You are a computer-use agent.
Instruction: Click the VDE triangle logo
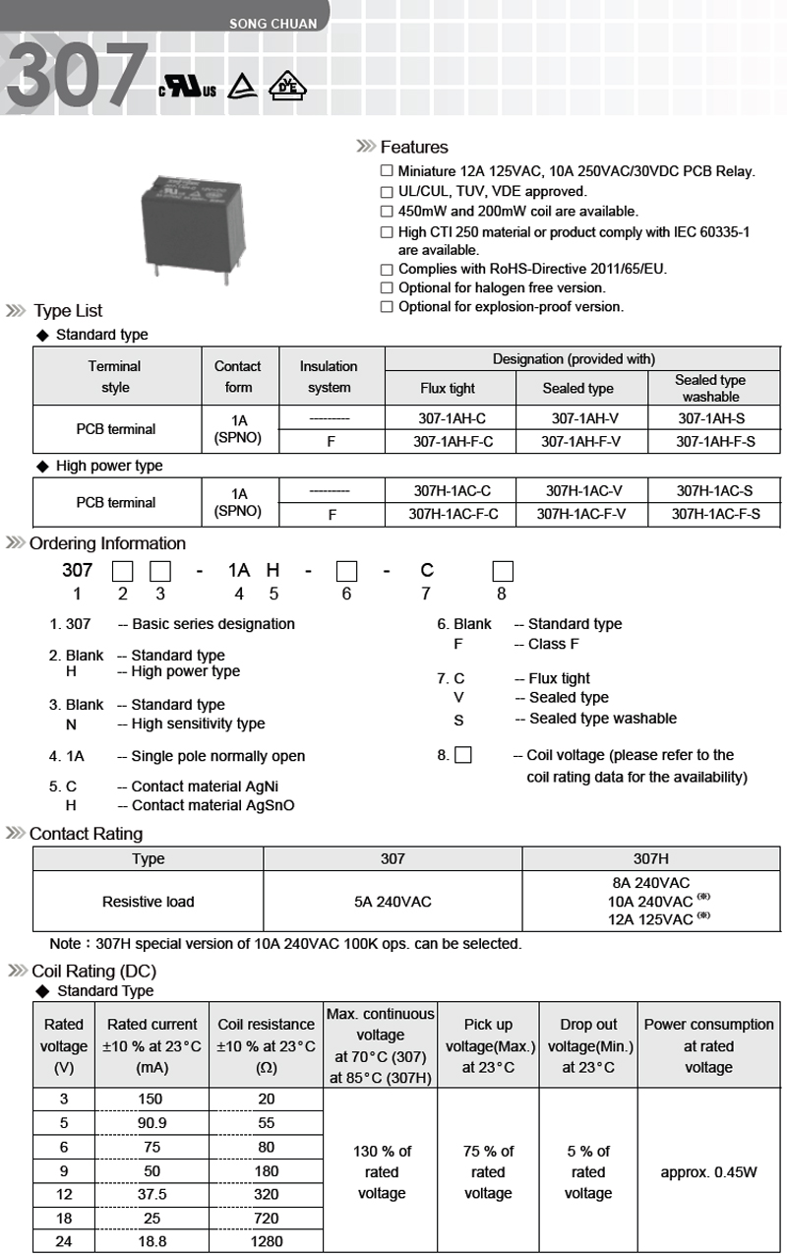(287, 87)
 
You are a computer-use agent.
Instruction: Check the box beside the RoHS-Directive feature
(387, 269)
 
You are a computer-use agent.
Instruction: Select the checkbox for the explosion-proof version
(387, 307)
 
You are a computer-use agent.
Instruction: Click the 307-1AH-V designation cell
(580, 418)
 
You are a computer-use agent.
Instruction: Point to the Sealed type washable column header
(710, 388)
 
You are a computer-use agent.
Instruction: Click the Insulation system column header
(329, 377)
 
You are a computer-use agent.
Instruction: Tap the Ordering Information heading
(107, 543)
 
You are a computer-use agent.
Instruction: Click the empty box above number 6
(346, 571)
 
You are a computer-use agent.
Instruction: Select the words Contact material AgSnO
(212, 805)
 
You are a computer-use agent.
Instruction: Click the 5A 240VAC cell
(393, 902)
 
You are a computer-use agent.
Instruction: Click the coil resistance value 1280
(267, 1242)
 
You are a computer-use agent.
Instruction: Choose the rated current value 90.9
(149, 1123)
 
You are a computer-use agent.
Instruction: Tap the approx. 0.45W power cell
(708, 1172)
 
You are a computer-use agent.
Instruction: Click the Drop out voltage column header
(588, 1045)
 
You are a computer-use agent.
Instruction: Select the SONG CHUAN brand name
(273, 23)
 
